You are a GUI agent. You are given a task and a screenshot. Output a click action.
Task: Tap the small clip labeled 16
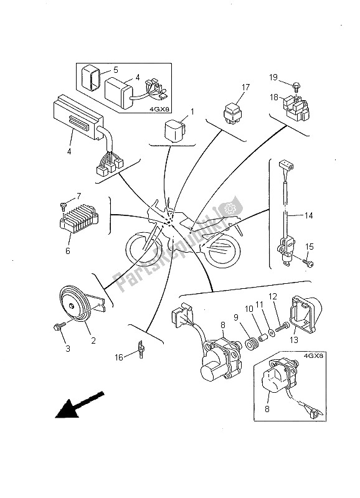click(141, 349)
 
